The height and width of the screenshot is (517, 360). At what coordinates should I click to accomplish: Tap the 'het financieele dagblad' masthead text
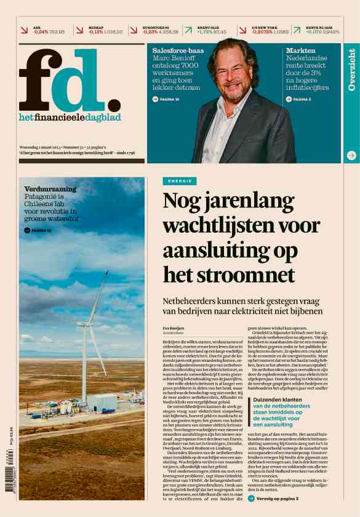point(70,118)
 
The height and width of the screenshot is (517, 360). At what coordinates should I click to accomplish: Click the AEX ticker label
point(37,28)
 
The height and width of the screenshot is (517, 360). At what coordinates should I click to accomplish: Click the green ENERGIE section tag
point(180,181)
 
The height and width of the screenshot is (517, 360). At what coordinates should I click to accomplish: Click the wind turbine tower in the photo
point(84,363)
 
